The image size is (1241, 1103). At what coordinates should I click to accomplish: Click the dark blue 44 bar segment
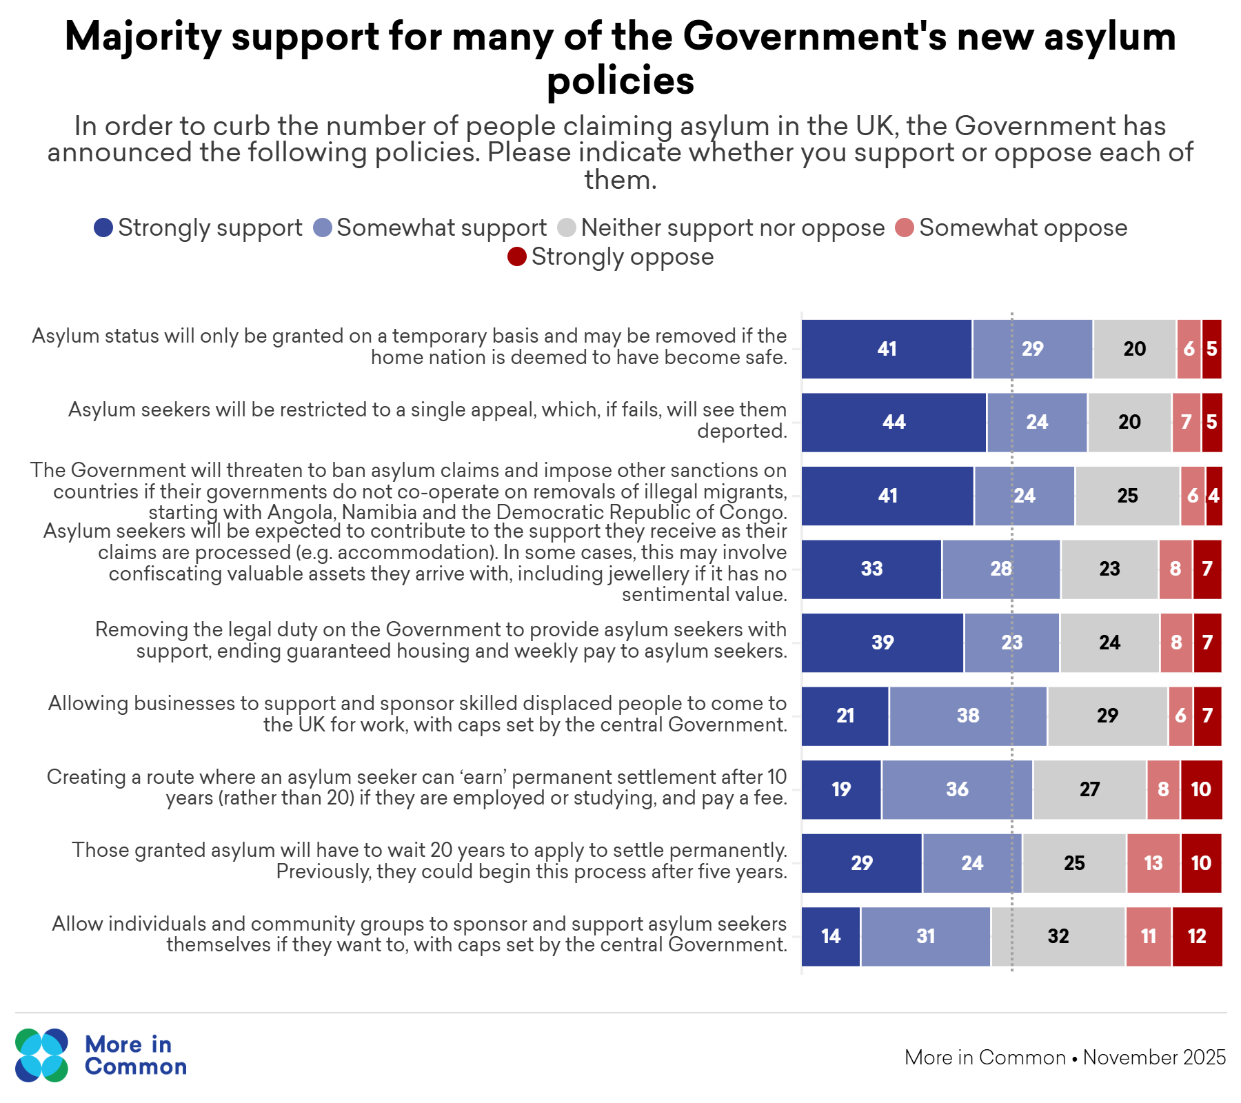click(894, 422)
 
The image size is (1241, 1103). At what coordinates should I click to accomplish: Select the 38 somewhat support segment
click(968, 716)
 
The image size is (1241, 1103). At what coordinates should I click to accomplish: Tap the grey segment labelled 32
click(1058, 936)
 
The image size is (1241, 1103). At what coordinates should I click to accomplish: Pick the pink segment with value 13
click(1153, 863)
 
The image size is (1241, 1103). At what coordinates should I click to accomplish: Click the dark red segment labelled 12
click(1197, 936)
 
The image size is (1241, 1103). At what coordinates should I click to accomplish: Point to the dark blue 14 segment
click(831, 936)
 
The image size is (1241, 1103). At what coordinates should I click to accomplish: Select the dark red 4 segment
click(1214, 496)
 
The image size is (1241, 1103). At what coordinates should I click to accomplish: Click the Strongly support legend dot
click(103, 227)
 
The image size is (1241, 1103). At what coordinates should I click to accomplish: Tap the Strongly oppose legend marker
click(516, 256)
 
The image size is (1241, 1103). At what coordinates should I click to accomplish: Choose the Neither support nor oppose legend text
click(732, 227)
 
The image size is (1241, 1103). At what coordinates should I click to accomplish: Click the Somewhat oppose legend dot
click(905, 227)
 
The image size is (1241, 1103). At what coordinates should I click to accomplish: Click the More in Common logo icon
click(41, 1055)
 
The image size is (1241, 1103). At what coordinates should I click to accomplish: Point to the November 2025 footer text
click(1154, 1058)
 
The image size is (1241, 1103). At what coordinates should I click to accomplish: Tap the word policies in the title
click(620, 81)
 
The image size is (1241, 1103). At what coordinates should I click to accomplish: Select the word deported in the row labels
click(741, 431)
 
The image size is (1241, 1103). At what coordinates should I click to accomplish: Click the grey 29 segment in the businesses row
click(1107, 716)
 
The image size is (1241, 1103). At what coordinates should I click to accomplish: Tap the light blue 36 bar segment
click(957, 789)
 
